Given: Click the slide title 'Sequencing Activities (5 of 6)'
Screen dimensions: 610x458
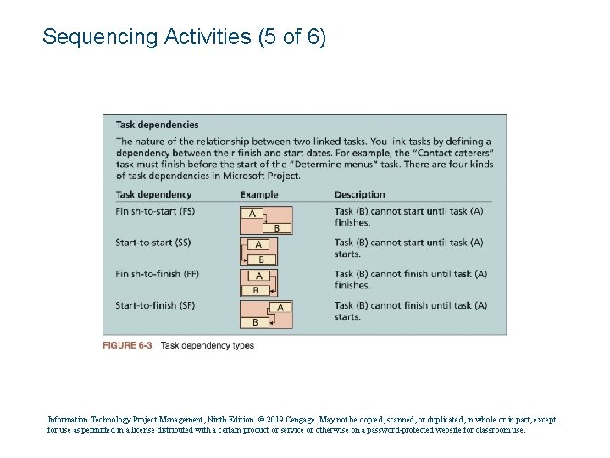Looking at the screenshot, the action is coord(184,37).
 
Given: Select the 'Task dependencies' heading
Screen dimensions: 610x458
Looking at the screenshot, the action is coord(157,125).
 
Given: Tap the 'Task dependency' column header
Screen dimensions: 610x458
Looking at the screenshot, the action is coord(153,194).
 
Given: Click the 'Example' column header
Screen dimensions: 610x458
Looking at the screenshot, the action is coord(258,194).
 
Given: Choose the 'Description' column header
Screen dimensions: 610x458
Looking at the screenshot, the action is coord(359,194).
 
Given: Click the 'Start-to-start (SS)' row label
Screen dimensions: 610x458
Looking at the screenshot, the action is coord(153,243).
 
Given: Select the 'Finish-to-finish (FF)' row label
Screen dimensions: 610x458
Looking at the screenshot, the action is coord(158,274).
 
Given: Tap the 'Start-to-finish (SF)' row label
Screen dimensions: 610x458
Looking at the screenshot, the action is coord(155,305).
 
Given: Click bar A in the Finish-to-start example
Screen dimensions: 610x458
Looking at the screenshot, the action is coord(252,214).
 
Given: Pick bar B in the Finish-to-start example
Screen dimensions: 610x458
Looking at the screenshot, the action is coord(277,228).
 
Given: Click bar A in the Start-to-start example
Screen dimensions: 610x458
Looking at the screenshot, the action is coord(259,245).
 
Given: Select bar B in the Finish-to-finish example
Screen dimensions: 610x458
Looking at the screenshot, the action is coord(257,291).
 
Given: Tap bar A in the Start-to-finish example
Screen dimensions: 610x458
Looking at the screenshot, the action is coord(280,307).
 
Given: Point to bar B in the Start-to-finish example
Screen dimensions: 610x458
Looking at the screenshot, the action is coord(256,322).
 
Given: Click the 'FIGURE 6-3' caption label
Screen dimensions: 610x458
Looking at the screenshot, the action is coord(127,345).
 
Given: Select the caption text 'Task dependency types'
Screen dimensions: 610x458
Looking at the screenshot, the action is coord(207,345).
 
